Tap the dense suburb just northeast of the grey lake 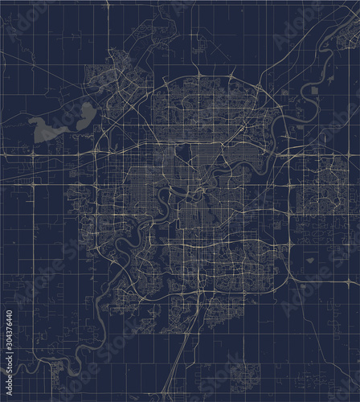pyautogui.click(x=125, y=76)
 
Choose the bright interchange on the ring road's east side pyautogui.click(x=288, y=243)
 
